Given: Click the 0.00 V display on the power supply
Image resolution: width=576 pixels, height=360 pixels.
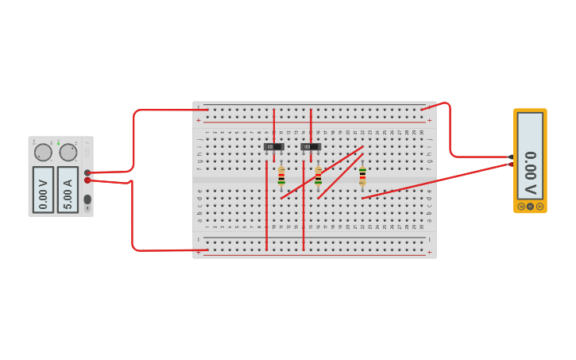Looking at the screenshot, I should [43, 189].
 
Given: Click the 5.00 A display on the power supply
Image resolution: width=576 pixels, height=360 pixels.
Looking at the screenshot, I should [68, 189].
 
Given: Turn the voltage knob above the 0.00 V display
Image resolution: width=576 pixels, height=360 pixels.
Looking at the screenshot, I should [43, 152].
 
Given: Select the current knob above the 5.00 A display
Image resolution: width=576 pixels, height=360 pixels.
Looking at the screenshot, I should [68, 152].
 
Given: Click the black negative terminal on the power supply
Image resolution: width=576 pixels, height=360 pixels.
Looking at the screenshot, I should [87, 172].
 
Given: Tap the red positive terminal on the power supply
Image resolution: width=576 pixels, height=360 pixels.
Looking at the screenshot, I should [87, 180].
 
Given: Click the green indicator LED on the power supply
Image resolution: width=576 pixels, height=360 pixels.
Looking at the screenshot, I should [58, 143].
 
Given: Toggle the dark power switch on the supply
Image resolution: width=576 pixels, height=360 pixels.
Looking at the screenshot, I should [87, 199].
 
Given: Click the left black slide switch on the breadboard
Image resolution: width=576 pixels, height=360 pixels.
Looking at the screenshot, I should [273, 146].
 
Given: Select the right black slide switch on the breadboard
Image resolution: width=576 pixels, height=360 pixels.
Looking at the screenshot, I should [311, 146].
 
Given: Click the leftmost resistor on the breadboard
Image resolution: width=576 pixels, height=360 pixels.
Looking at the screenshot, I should [281, 176].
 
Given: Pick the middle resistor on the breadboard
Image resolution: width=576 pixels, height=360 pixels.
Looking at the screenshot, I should [319, 176].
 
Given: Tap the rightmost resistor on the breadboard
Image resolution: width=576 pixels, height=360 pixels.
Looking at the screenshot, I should [362, 176].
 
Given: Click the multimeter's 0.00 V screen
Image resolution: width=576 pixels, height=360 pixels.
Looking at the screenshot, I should [530, 155].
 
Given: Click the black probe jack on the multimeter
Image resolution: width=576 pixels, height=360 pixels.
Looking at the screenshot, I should [510, 157].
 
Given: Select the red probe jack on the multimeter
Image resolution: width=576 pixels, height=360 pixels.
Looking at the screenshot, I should [510, 165].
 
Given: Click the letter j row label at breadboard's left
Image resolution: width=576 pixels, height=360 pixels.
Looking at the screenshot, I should [199, 138].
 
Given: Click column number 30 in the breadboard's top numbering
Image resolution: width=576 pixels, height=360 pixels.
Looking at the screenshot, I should [421, 132].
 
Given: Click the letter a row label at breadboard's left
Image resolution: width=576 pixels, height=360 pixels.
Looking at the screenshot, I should [199, 227].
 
